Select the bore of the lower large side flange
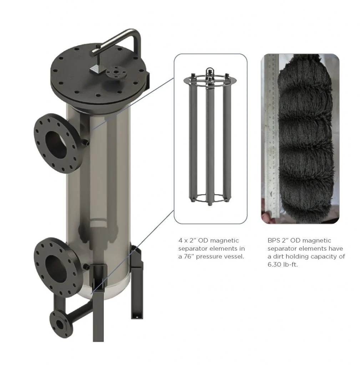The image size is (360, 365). coord(56,268)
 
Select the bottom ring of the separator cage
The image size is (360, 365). coord(210,199)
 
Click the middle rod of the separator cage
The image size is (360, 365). coord(210,144)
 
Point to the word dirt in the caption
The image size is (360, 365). coord(278,257)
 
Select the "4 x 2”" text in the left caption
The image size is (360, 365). coord(187,241)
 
